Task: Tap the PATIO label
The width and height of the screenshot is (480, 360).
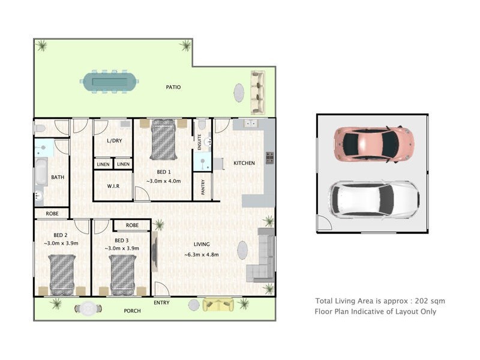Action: pyautogui.click(x=173, y=88)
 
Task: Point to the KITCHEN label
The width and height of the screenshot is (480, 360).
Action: pyautogui.click(x=244, y=163)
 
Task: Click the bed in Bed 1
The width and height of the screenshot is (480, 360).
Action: pyautogui.click(x=163, y=140)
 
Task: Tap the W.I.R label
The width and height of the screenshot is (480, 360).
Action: pyautogui.click(x=113, y=186)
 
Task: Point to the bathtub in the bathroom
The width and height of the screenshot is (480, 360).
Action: pyautogui.click(x=41, y=173)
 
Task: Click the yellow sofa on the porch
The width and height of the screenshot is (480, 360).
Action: pyautogui.click(x=219, y=305)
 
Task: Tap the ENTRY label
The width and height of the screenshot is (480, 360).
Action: pyautogui.click(x=161, y=303)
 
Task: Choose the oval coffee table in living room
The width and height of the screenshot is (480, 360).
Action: pyautogui.click(x=242, y=251)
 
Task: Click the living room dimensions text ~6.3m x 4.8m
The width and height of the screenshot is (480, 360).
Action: pyautogui.click(x=202, y=254)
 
